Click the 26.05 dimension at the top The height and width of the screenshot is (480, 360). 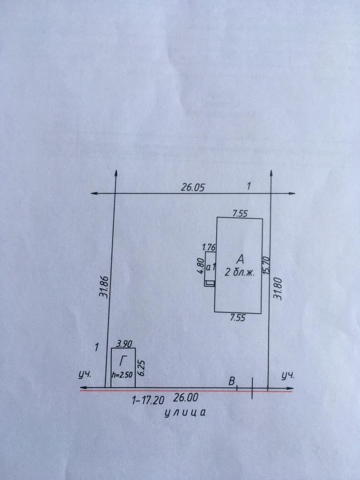(193, 187)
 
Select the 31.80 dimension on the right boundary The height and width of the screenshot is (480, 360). (278, 288)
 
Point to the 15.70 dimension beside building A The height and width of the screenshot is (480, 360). (267, 264)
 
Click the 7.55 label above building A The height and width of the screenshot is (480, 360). (240, 214)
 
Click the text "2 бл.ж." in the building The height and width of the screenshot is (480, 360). (240, 273)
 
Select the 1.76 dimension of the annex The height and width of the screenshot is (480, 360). (209, 247)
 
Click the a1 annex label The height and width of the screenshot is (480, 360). (210, 268)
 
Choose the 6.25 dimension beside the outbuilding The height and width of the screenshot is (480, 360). (141, 368)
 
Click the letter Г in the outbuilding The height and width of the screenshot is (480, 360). (123, 361)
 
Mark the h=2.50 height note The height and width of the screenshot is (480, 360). (122, 374)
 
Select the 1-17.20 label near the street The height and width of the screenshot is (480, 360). (148, 400)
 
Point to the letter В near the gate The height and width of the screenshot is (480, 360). (232, 381)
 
